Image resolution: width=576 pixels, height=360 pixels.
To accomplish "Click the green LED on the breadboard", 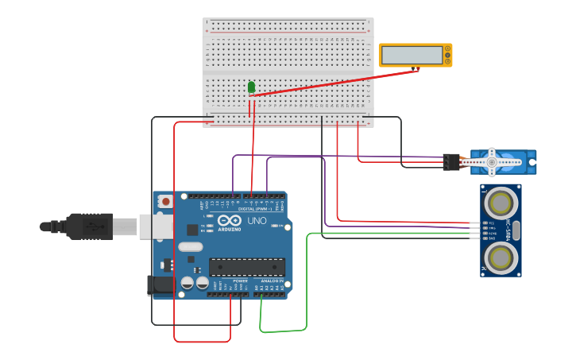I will [251, 87].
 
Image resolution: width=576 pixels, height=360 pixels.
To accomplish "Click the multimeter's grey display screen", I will [412, 55].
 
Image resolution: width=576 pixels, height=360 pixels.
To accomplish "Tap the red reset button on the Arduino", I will [165, 202].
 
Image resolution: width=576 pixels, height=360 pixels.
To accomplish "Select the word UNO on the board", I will [257, 220].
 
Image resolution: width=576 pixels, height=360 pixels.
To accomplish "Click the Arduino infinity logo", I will [230, 221].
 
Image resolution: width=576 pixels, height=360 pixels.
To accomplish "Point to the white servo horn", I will [492, 162].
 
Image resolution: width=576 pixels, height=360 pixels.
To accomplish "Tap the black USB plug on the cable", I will [89, 226].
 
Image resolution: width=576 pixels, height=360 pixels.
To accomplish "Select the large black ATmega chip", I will [246, 267].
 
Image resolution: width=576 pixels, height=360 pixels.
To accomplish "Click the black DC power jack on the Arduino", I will [161, 285].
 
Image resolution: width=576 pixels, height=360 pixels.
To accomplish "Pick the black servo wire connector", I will [451, 161].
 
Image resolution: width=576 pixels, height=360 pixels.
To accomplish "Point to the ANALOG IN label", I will [271, 281].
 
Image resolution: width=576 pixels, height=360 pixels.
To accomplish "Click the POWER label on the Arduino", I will [241, 281].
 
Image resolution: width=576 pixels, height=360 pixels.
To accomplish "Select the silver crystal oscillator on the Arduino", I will [191, 246].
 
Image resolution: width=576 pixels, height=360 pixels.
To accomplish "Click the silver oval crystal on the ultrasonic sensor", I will [516, 230].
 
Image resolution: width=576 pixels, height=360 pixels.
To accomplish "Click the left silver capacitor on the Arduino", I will [187, 282].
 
